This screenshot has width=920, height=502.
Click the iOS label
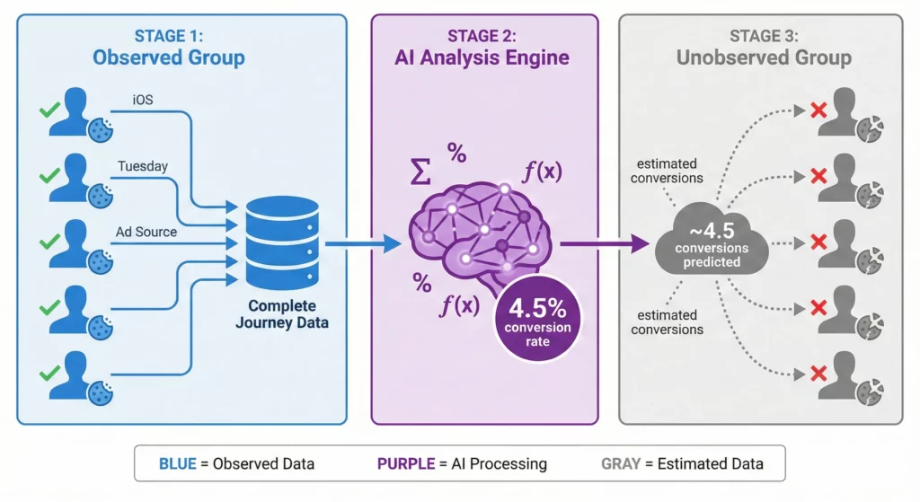[x=141, y=101]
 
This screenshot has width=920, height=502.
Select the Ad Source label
[x=146, y=233]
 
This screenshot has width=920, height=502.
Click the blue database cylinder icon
[x=282, y=242]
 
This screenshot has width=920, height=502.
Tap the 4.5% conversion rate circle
[x=538, y=319]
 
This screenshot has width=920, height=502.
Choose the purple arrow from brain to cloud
[x=604, y=243]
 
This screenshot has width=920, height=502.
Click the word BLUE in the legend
[x=181, y=464]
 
